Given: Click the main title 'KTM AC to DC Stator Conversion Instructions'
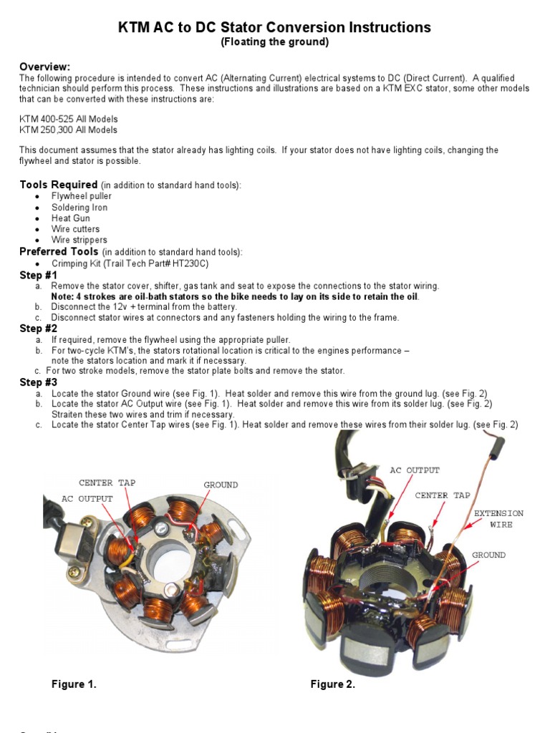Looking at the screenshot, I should (274, 27).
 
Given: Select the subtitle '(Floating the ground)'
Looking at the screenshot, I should (274, 42).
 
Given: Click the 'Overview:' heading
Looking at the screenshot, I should (44, 67).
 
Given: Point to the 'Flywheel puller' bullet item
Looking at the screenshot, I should (81, 196).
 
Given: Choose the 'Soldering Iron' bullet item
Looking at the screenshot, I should (79, 208).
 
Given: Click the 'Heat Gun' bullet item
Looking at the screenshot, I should (70, 218).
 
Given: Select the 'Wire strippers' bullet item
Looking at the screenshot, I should (79, 241).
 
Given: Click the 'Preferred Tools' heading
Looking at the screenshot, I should (59, 252).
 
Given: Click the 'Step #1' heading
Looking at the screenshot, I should (38, 275).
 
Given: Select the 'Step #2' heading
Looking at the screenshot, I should (38, 329).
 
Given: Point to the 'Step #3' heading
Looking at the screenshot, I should (38, 383).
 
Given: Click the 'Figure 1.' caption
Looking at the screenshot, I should (74, 684).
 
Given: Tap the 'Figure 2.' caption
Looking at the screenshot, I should (332, 684).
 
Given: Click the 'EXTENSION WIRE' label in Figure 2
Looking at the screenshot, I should (498, 519).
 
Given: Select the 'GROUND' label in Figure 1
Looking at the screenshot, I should (221, 485).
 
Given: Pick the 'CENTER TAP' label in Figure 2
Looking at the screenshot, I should (443, 495).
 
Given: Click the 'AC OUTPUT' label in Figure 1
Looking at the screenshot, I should (87, 498).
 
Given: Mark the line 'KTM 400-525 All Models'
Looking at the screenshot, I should (69, 119).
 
